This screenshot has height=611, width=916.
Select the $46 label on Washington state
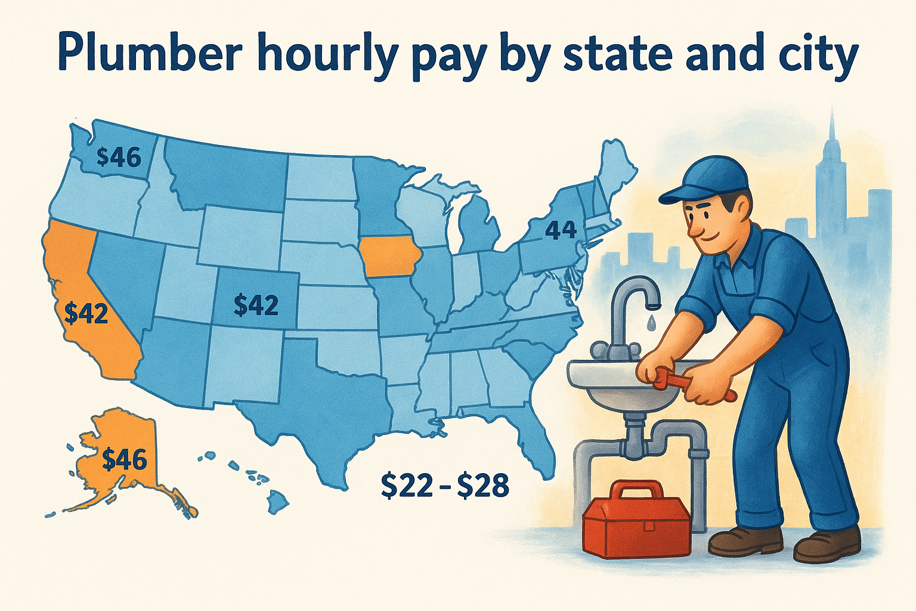click(119, 157)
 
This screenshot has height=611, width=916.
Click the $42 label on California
click(86, 313)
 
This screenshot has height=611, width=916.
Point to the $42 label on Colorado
click(256, 305)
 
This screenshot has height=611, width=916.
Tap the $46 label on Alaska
click(124, 459)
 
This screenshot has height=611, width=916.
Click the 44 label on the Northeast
click(561, 229)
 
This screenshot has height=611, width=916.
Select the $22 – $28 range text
click(445, 486)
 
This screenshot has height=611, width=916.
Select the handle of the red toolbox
click(637, 490)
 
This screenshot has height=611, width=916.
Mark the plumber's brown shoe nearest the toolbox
click(745, 539)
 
